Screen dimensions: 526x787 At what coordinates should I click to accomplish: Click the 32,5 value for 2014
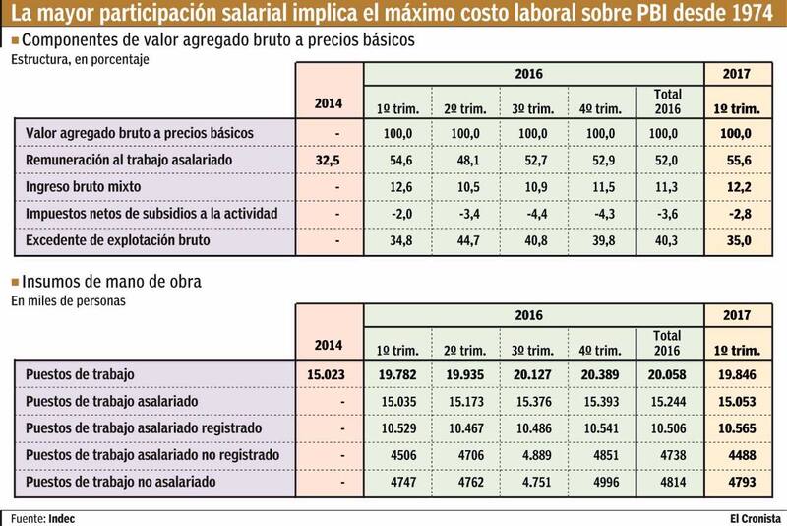(329, 159)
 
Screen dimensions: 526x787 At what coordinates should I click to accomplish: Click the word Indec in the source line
(62, 516)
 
